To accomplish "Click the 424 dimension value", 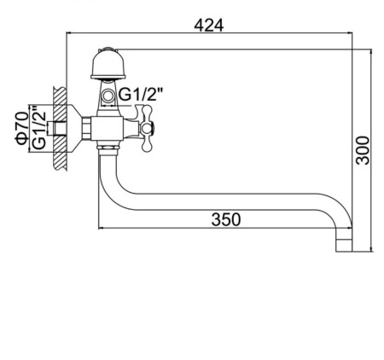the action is [209, 26].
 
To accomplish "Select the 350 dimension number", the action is [226, 219].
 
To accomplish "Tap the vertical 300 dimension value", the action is [363, 150].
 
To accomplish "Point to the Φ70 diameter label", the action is [22, 128].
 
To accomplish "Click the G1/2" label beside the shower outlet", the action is [142, 94].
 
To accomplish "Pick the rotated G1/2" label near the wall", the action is [39, 128].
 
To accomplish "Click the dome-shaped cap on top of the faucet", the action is [108, 64].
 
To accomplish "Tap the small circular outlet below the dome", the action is [108, 96].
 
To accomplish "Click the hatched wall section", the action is [60, 129].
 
